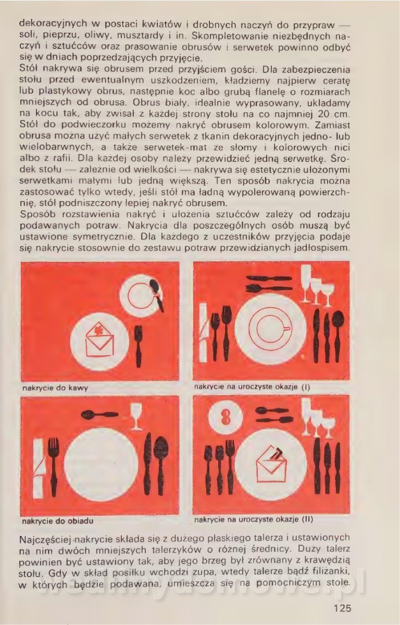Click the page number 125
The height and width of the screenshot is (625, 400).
coord(342,607)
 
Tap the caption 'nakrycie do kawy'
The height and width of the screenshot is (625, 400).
coord(55,388)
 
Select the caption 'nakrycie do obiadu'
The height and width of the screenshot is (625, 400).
coord(57,521)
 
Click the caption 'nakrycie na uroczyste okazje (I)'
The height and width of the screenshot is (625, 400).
coord(252,387)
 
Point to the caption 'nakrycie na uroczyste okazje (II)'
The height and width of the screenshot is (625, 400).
coord(254,519)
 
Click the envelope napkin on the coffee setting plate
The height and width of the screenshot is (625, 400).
coord(99,340)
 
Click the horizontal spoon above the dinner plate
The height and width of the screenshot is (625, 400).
coord(99,415)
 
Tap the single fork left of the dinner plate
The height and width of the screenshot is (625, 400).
coord(53,466)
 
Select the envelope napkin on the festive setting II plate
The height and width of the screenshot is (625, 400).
coord(271,464)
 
